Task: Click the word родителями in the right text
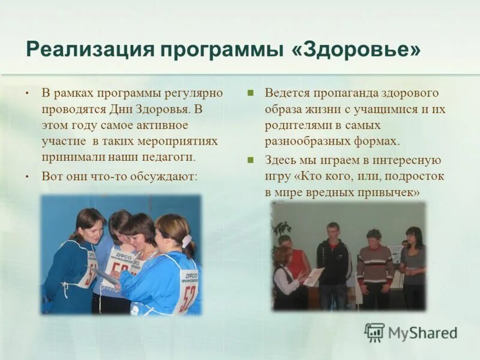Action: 294,125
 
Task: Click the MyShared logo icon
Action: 374,332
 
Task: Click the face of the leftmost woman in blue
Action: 88,228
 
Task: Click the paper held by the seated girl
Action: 314,277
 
